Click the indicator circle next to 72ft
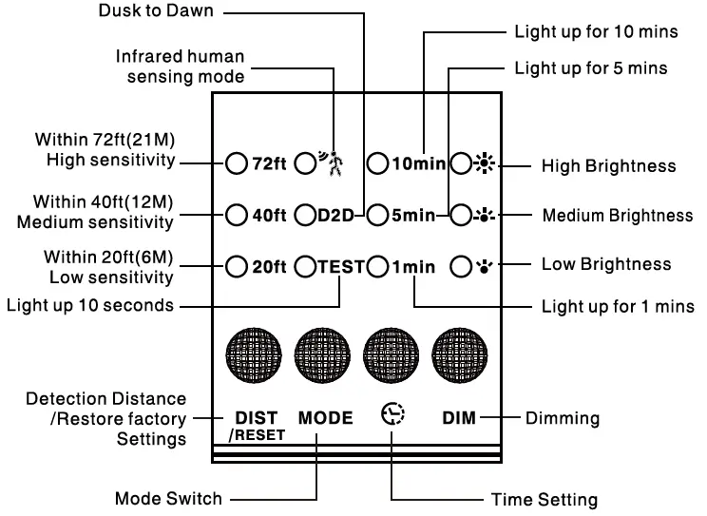tap(237, 163)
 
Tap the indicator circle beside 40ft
tap(237, 215)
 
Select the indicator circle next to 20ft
tap(237, 266)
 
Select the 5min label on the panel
tap(413, 215)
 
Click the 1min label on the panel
tap(413, 266)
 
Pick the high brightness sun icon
tap(487, 163)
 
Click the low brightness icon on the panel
tap(487, 266)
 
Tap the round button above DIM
tap(460, 357)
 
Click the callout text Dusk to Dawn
tap(158, 11)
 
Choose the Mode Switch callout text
tap(168, 499)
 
